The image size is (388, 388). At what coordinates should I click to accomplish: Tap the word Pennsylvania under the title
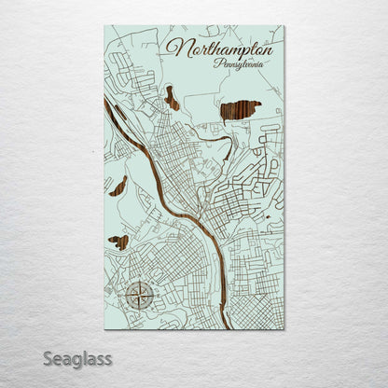tap(239, 65)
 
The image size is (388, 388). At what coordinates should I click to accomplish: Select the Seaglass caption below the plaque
tap(76, 358)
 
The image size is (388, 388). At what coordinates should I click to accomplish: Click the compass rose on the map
tap(139, 296)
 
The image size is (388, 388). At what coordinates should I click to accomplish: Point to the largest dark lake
tap(240, 111)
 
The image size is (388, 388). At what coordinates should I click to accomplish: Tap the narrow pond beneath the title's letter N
tap(172, 96)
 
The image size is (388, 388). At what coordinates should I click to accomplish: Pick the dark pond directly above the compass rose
tap(119, 242)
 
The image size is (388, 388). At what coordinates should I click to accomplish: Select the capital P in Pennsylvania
tap(217, 64)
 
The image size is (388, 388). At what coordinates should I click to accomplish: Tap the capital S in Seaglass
tap(48, 358)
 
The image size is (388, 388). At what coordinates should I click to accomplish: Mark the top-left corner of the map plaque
tap(104, 26)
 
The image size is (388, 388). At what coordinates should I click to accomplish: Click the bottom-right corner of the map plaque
tap(284, 328)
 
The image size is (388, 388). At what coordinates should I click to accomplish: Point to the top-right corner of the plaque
tap(284, 26)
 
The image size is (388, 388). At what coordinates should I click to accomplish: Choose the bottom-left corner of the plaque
tap(104, 328)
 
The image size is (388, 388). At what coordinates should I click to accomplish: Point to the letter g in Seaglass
tap(79, 360)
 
